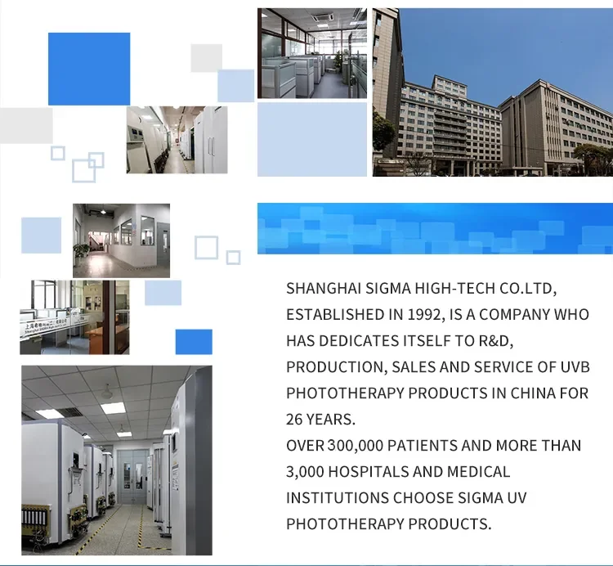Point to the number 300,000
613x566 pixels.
point(355,446)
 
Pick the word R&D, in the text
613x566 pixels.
point(496,341)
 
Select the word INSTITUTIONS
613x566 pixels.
point(338,498)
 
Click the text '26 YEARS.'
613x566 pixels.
point(320,420)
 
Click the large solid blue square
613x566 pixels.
point(89,69)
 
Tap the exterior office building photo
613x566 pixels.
point(493,92)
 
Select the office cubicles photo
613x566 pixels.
point(312,53)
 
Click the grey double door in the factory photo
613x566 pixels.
point(132,476)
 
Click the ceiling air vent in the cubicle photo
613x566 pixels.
point(325,16)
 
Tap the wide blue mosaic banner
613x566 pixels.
point(435,228)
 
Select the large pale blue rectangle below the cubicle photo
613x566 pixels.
point(312,139)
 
